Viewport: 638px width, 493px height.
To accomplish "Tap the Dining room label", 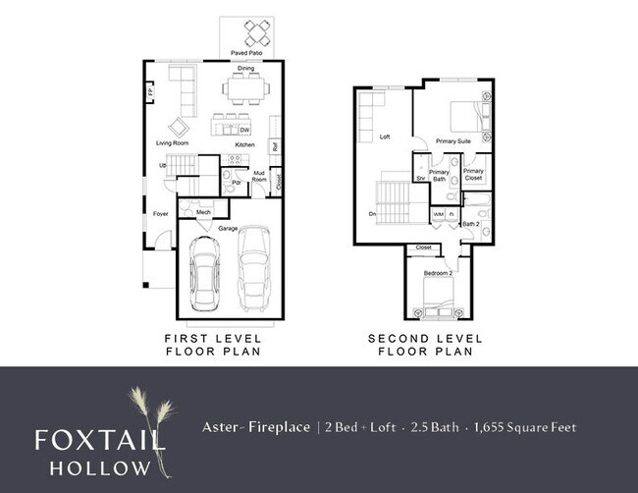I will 246,69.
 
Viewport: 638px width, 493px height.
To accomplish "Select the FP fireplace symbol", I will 150,92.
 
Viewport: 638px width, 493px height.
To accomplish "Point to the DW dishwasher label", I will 244,130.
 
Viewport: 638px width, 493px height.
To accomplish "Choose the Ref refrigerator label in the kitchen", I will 275,147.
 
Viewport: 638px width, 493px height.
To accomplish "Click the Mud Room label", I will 260,177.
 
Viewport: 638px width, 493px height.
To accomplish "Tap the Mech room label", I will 203,212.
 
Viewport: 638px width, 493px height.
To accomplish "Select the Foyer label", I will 161,212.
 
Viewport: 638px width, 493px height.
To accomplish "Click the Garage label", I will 229,228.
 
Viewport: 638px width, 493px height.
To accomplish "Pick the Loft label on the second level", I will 385,137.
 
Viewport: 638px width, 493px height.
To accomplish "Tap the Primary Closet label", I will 473,175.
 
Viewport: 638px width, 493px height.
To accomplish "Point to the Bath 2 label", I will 471,224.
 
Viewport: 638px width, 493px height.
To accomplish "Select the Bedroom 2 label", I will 437,272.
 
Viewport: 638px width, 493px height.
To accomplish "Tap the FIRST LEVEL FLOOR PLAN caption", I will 212,344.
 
